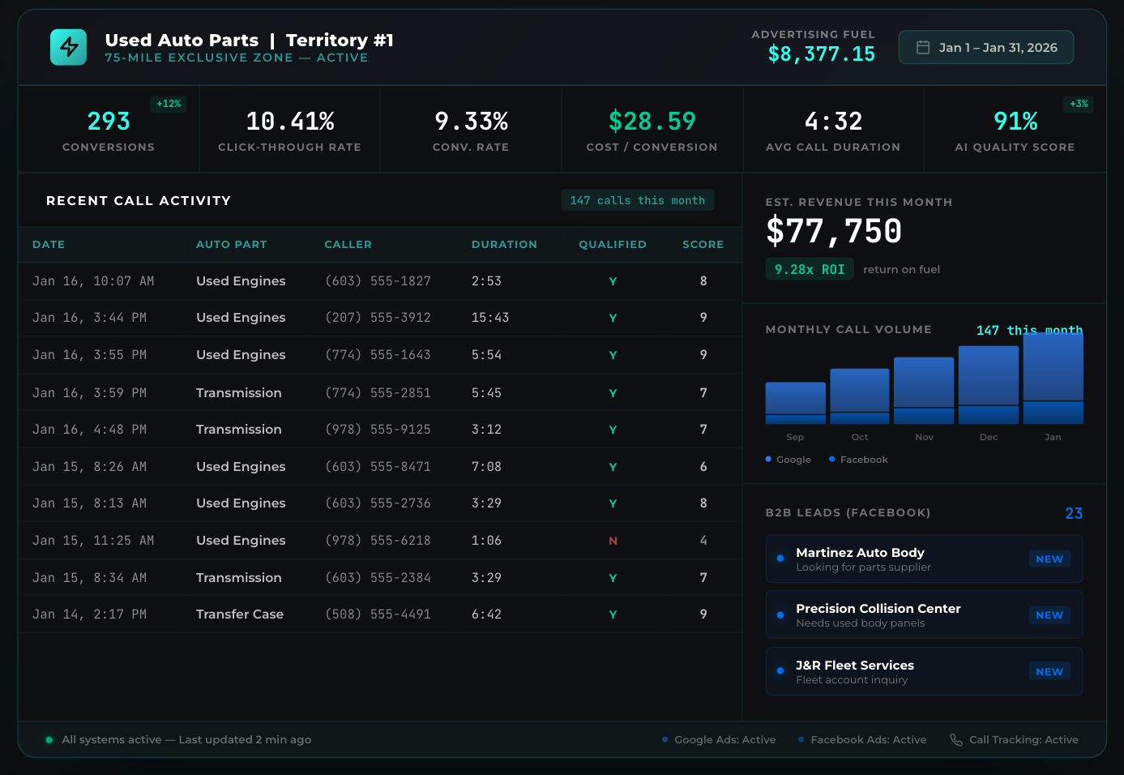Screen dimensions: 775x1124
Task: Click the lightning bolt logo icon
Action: [68, 47]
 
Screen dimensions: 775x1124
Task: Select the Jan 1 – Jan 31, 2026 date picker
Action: [986, 48]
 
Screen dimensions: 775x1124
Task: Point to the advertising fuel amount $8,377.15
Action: [821, 54]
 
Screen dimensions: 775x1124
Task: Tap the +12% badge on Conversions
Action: [169, 104]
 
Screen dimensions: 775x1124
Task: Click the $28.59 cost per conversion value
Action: [652, 122]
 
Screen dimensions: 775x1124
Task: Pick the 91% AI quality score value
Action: [1015, 122]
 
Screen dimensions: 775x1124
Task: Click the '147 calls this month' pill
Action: [637, 200]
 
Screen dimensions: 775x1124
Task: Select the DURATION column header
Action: [504, 244]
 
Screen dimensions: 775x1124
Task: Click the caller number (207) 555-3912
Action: [378, 318]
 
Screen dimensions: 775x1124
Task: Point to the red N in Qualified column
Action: [613, 541]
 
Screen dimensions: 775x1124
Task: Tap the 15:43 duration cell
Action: [490, 318]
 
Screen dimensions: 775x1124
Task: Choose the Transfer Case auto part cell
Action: [240, 614]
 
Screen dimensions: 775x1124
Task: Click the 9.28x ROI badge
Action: [810, 269]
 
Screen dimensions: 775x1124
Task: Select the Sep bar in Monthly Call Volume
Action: [795, 403]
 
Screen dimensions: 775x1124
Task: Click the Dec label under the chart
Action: [988, 437]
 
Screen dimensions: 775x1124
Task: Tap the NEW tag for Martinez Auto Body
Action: [1049, 559]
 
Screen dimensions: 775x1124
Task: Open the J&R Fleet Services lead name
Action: [854, 666]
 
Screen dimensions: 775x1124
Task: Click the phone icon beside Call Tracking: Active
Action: [956, 739]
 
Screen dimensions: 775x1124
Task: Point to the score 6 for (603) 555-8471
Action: [703, 467]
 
